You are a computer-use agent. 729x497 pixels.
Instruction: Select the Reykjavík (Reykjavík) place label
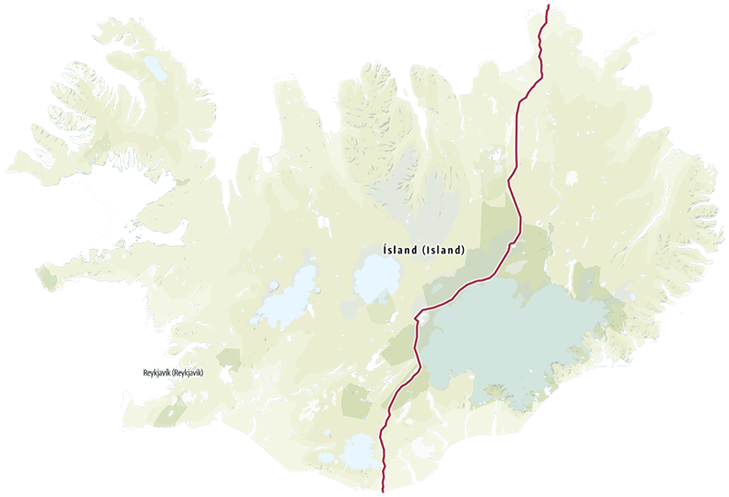[x=174, y=374]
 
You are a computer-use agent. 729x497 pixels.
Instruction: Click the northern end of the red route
[x=548, y=5]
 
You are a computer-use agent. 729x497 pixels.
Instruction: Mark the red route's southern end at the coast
[x=384, y=490]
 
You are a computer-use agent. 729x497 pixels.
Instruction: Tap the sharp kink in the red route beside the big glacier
[x=417, y=317]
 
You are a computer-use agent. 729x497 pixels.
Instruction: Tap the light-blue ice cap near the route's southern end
[x=358, y=448]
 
